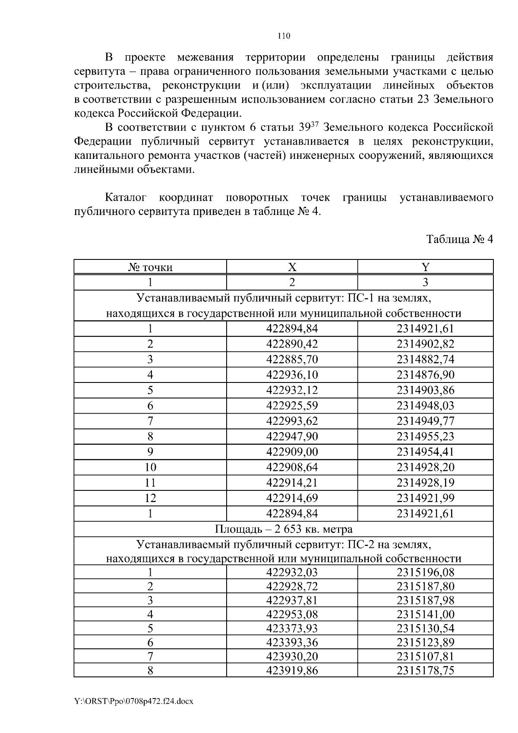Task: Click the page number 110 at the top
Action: point(284,36)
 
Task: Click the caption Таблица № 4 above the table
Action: point(459,239)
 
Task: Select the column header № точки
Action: point(150,267)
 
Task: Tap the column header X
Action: point(292,267)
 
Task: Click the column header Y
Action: point(425,267)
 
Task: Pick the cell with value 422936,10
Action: point(292,375)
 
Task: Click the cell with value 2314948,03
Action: point(425,405)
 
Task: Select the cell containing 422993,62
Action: point(292,421)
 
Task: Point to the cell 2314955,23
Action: point(425,436)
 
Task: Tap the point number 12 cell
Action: point(150,498)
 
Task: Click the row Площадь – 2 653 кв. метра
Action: point(284,529)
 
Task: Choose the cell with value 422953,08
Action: point(292,614)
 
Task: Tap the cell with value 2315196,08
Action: point(425,572)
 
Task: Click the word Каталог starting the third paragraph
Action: point(126,198)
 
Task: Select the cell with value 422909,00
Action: point(292,452)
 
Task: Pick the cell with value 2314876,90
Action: point(425,375)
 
